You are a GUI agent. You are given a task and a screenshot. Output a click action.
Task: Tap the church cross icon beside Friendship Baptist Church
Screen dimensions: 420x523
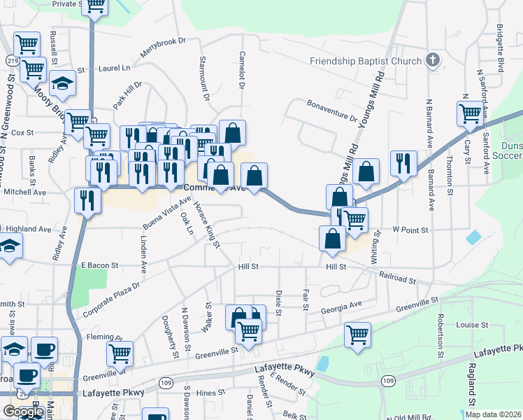click(433, 60)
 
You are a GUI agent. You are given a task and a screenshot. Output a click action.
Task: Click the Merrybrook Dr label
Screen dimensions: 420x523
click(162, 49)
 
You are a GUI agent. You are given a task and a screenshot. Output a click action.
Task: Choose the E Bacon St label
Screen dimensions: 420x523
click(100, 266)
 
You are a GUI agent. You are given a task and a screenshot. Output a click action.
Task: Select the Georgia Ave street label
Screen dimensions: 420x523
click(342, 307)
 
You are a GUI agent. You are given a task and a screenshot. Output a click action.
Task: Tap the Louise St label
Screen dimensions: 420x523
click(472, 325)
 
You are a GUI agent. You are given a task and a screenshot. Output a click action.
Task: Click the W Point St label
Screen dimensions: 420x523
click(410, 229)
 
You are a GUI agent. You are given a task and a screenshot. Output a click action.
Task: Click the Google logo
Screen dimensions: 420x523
click(22, 412)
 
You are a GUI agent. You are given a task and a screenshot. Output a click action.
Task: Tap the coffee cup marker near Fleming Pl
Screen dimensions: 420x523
click(45, 349)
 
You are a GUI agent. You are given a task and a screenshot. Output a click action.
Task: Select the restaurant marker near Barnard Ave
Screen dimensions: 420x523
click(403, 163)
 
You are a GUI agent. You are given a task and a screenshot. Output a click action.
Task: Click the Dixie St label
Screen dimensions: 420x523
click(278, 302)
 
